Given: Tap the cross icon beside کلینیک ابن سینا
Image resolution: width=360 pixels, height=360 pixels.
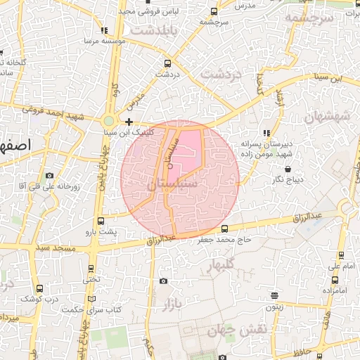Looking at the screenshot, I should (x=129, y=122).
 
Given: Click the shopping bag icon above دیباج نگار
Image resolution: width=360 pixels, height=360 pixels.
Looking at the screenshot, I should (x=289, y=169).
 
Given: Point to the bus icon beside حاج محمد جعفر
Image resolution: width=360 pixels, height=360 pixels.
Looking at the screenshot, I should (x=224, y=229).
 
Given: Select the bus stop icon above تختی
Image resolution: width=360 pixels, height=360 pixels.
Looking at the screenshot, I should (x=91, y=268).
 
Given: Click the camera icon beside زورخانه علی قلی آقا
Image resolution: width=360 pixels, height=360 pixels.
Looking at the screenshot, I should (x=49, y=175).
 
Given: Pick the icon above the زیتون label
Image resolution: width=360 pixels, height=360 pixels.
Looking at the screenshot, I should (x=274, y=295).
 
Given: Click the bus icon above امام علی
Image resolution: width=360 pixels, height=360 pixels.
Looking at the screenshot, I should (x=342, y=255).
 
